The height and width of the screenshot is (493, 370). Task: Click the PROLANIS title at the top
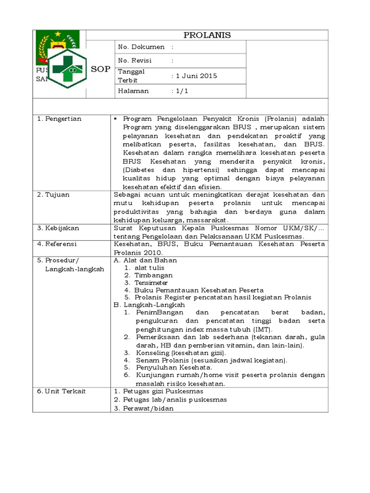pos(208,35)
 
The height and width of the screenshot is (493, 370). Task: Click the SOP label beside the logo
pos(101,69)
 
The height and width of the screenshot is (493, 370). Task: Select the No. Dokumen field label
pos(141,47)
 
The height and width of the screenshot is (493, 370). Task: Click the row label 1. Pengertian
pos(59,119)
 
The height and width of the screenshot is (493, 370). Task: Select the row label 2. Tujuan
pos(53,195)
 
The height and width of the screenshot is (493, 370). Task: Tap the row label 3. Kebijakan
pos(58,228)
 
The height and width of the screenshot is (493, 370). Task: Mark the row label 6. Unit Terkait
pos(61,391)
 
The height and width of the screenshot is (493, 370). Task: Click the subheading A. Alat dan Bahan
pos(145,260)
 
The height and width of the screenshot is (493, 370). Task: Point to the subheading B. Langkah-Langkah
pos(149,305)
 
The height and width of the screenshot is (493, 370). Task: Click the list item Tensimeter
pos(151,283)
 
